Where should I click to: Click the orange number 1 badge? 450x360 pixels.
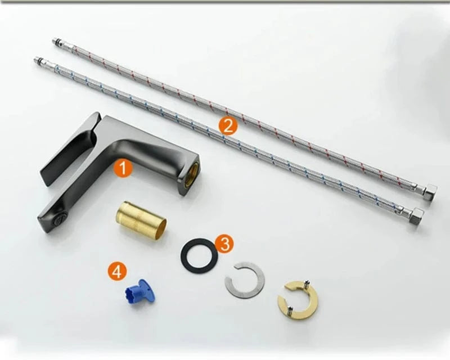(x=123, y=168)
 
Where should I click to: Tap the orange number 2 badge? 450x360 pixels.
(x=228, y=126)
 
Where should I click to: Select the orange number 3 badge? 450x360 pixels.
(x=224, y=244)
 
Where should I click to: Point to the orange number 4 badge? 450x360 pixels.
(x=118, y=272)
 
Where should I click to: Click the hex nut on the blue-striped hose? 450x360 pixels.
(x=417, y=217)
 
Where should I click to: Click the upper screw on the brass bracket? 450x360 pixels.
(x=308, y=283)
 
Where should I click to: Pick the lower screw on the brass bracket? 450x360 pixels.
(x=291, y=310)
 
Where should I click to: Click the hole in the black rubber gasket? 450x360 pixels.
(x=199, y=254)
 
